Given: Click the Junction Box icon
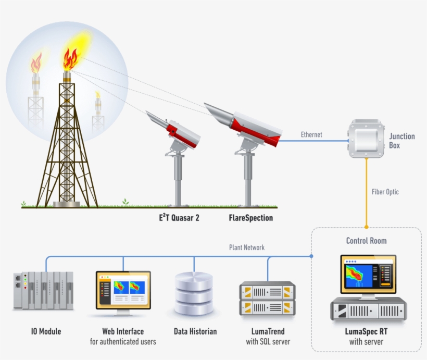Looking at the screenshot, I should pos(366,139).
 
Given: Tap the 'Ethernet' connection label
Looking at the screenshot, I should pos(311,135).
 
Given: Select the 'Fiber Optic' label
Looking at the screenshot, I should pos(385,192).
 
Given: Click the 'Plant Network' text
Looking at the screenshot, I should pos(247,247).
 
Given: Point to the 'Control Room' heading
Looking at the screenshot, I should pos(366,241).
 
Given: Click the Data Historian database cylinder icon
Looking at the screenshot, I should pos(194,295).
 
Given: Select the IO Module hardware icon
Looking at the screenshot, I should pos(43,290).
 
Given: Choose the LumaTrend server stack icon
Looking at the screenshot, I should pos(267,299).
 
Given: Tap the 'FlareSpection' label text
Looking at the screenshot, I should pos(250,218).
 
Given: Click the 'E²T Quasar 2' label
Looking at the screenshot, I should pos(179,218).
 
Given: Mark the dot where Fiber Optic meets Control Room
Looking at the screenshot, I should pos(366,227).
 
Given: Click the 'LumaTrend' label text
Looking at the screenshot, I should pos(268,331).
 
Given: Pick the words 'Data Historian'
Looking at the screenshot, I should pos(195,331).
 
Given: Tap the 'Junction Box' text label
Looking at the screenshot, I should pos(402,141).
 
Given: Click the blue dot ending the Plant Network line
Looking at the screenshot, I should pos(311,256).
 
